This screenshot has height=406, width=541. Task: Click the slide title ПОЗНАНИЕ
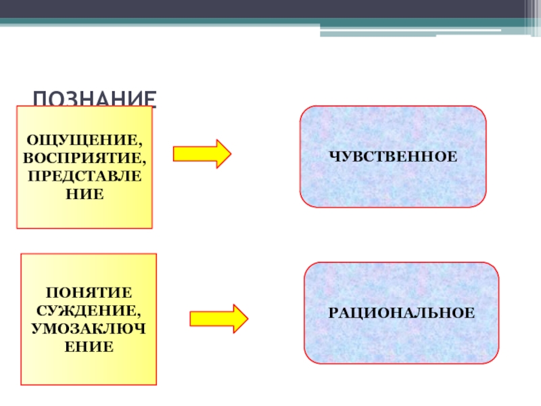[95, 99]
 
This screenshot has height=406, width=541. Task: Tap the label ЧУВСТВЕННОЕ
[394, 156]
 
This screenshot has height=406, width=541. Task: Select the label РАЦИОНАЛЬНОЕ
[402, 313]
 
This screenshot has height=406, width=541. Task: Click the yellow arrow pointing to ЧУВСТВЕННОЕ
[202, 154]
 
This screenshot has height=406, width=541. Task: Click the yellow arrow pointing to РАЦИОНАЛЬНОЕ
[218, 318]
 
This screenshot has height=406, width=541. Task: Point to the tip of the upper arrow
[230, 154]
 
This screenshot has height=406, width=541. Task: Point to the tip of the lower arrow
[248, 318]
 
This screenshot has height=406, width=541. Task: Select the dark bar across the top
[270, 9]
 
